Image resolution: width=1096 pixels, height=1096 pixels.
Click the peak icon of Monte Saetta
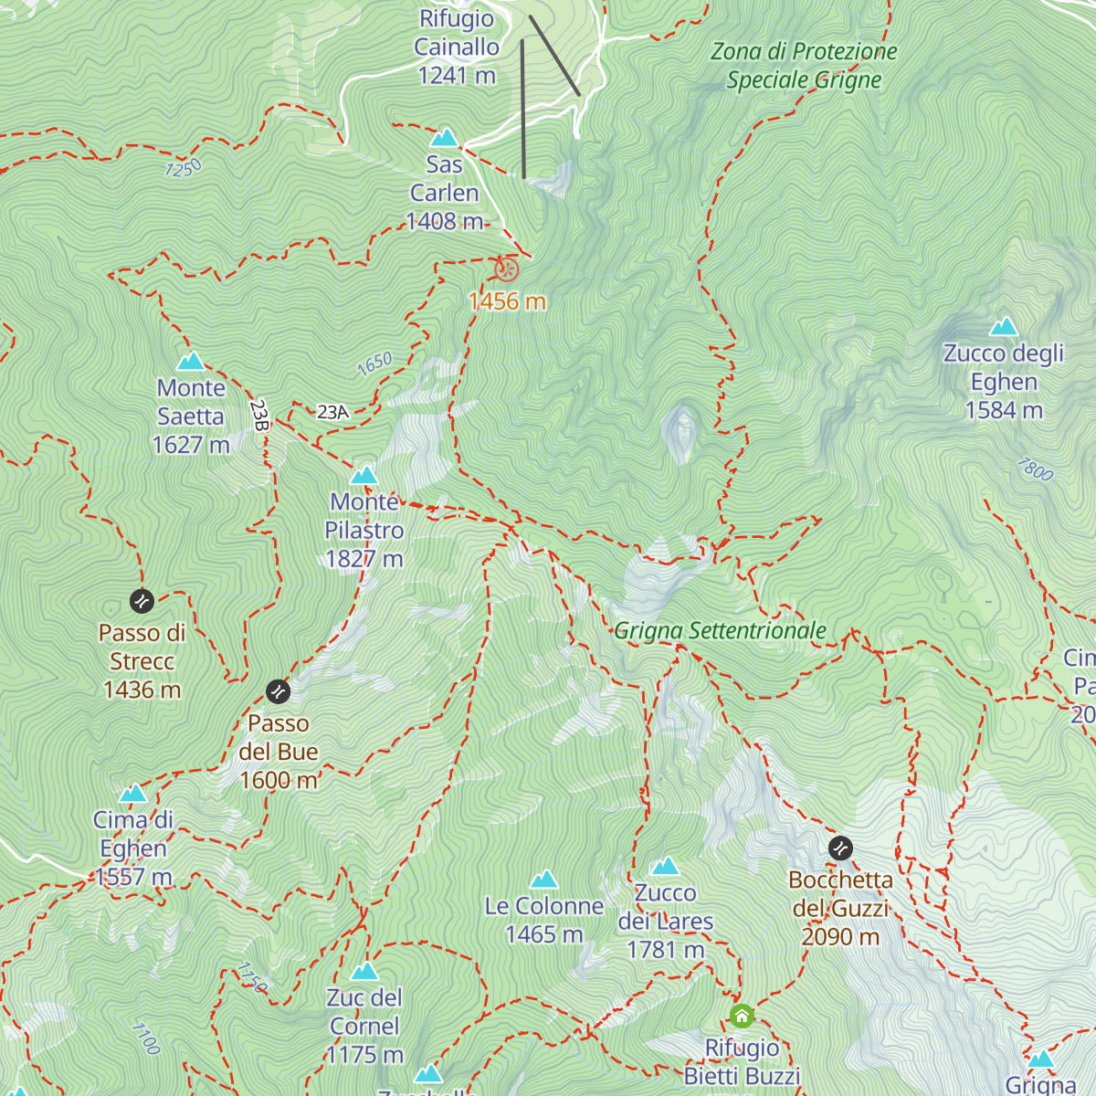[191, 362]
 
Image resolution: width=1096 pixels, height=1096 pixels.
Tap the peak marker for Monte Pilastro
[364, 475]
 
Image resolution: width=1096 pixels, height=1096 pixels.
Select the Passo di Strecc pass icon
[142, 601]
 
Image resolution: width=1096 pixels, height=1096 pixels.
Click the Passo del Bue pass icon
[278, 691]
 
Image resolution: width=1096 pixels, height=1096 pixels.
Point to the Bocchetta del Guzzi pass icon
[840, 848]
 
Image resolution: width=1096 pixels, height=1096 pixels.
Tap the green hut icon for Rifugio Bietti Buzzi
[742, 1016]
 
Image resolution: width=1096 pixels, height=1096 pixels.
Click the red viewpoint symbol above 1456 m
[508, 269]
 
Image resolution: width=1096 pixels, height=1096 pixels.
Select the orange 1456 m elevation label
[507, 301]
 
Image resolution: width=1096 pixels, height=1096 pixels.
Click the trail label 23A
[333, 412]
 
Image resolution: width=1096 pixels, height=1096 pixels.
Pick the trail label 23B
[259, 415]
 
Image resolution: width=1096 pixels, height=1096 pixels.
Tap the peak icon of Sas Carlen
[444, 138]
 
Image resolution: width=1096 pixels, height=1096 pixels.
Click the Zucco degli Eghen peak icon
[1004, 327]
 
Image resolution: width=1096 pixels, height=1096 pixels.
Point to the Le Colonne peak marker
[544, 880]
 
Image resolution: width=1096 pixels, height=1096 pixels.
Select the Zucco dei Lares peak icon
[665, 866]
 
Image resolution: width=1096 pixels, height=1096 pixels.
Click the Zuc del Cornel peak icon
[364, 971]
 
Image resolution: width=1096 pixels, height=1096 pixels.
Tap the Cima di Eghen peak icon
[133, 793]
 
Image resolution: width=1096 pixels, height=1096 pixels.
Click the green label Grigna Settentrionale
[720, 631]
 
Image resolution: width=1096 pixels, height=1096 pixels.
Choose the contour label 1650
[374, 364]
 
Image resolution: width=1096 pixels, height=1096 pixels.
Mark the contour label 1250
[184, 168]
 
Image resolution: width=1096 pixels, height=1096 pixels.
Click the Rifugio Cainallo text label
[457, 47]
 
